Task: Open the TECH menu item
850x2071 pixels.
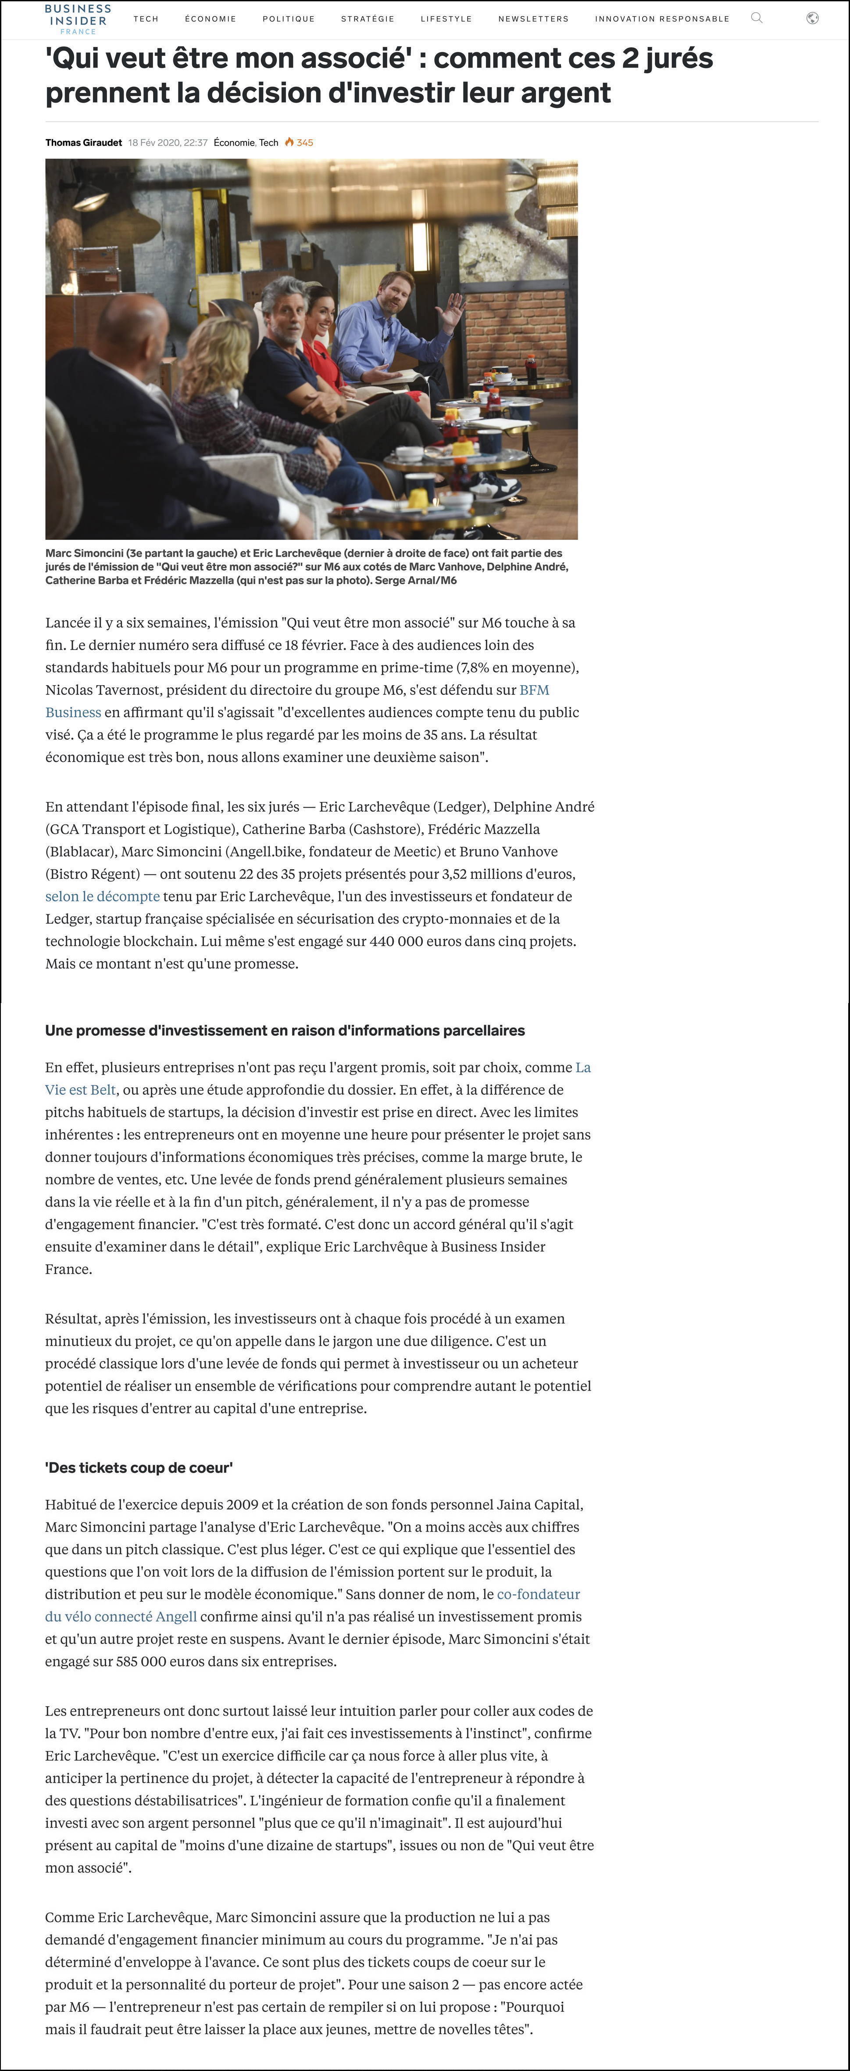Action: pos(146,18)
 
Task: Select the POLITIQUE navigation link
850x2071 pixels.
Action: pos(289,18)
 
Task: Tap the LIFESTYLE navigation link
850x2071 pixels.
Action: pos(446,18)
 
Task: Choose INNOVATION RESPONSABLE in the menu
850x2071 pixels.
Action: pos(662,18)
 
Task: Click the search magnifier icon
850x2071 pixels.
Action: pos(756,18)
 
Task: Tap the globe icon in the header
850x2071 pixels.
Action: pos(812,18)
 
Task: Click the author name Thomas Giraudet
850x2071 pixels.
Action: pos(84,142)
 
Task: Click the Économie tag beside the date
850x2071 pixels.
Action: pos(234,142)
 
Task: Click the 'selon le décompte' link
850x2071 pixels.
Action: pos(102,896)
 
